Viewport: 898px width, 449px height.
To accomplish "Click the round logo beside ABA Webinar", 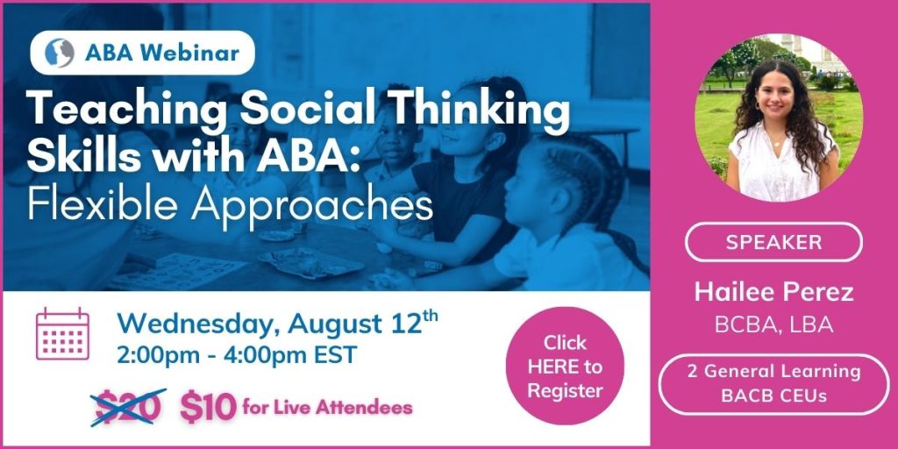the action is click(x=60, y=53).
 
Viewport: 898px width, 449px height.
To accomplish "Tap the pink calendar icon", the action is click(x=62, y=334).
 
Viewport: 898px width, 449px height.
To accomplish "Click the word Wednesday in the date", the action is click(x=198, y=324).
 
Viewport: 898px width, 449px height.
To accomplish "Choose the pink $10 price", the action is click(x=208, y=407).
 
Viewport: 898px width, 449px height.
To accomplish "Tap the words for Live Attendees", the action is click(x=327, y=407).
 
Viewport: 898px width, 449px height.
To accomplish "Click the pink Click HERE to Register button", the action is click(x=565, y=366).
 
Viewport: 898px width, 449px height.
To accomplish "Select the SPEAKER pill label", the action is click(x=773, y=242).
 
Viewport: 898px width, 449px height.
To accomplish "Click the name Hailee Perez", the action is click(x=773, y=292).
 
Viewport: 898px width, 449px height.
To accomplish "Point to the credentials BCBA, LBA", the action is click(x=773, y=324).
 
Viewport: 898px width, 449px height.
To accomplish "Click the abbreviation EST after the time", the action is click(x=335, y=355).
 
